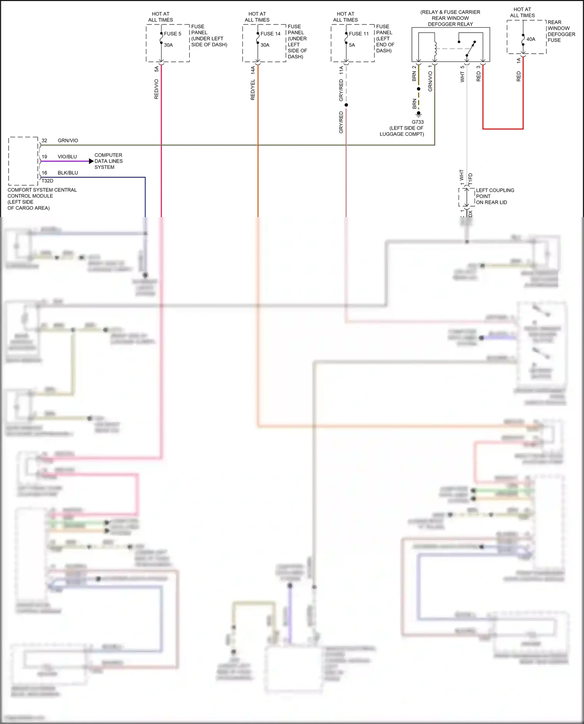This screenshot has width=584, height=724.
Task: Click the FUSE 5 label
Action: [172, 34]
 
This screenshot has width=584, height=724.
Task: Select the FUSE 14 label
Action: [270, 34]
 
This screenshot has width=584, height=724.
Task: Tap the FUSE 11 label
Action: [359, 34]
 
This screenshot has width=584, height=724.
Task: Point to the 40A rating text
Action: [531, 39]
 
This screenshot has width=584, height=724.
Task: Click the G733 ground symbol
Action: [419, 114]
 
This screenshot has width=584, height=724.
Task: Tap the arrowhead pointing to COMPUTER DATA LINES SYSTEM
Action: [91, 161]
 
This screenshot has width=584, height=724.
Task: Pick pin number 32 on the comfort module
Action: [44, 140]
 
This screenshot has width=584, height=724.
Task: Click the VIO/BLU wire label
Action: [67, 157]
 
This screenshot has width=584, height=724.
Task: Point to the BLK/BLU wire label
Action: [68, 173]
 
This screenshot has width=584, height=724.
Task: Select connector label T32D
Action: [47, 181]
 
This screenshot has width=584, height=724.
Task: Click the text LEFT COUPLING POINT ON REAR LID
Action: [494, 196]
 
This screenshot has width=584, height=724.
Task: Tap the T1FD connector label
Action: [470, 179]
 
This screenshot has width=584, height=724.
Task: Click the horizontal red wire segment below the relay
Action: [503, 128]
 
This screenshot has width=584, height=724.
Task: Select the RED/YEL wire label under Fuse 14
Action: [253, 90]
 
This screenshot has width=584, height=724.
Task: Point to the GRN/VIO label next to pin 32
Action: [68, 140]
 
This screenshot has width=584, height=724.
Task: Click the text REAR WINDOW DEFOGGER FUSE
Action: [561, 31]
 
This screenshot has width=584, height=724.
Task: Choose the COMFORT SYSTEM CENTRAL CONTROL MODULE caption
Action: [42, 199]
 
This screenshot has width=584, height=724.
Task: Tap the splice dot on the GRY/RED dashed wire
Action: [346, 105]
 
